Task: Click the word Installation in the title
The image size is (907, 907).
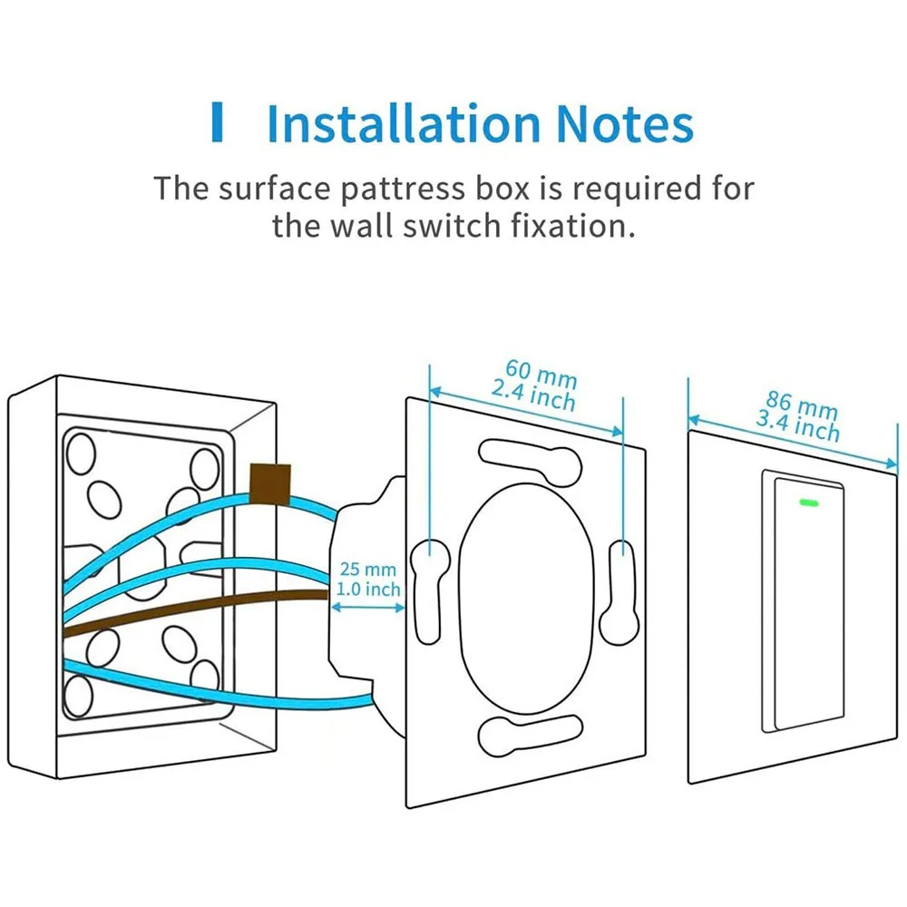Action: pos(404,123)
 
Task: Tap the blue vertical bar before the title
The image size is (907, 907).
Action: pos(218,122)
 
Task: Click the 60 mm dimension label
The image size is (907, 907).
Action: pos(541,375)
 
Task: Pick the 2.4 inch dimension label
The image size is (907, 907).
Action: pos(533,395)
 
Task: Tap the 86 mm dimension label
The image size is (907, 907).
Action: pos(802,405)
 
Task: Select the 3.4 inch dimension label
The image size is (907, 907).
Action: pos(797,425)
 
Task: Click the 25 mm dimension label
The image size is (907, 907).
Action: pos(368,570)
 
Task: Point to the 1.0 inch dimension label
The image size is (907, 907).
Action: pos(368,590)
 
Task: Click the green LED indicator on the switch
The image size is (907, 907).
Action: pos(809,502)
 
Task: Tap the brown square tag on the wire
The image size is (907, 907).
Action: pos(270,483)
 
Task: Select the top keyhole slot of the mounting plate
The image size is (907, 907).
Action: pos(530,463)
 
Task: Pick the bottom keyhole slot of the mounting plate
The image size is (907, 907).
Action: pos(530,736)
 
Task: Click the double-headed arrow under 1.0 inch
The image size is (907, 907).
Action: pos(368,608)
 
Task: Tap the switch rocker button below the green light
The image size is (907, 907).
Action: pos(809,604)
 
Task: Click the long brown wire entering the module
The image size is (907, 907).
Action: pos(196,610)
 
